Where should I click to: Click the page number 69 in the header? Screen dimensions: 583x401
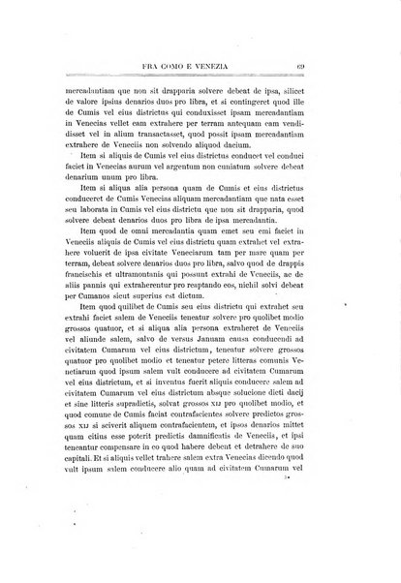(x=329, y=66)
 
